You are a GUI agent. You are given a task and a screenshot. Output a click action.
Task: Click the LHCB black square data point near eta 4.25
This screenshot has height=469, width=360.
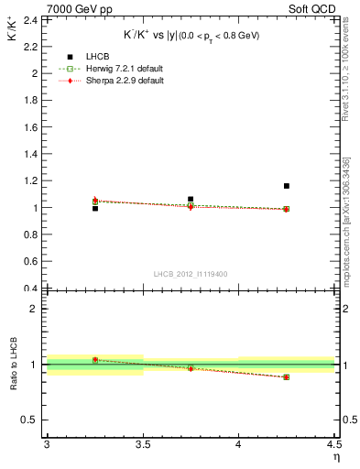287,186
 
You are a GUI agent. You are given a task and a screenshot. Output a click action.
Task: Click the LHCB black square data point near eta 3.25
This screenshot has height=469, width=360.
94,209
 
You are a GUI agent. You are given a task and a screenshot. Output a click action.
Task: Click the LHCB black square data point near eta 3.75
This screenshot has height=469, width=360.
191,199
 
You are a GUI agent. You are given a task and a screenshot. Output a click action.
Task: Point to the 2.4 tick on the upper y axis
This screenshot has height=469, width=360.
32,19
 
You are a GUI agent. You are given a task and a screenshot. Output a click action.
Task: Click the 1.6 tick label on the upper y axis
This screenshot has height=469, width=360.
32,126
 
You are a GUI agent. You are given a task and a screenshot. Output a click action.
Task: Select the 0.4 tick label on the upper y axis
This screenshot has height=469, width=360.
32,289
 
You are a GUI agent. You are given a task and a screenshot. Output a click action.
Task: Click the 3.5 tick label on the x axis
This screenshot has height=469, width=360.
143,444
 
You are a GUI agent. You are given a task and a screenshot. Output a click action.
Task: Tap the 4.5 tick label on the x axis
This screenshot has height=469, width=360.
333,444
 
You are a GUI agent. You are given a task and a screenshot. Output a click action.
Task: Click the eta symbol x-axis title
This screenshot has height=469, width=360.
335,457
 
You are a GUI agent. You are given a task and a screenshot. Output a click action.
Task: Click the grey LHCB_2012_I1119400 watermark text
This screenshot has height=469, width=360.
191,274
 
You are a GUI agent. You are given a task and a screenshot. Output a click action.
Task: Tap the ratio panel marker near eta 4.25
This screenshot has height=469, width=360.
287,376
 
